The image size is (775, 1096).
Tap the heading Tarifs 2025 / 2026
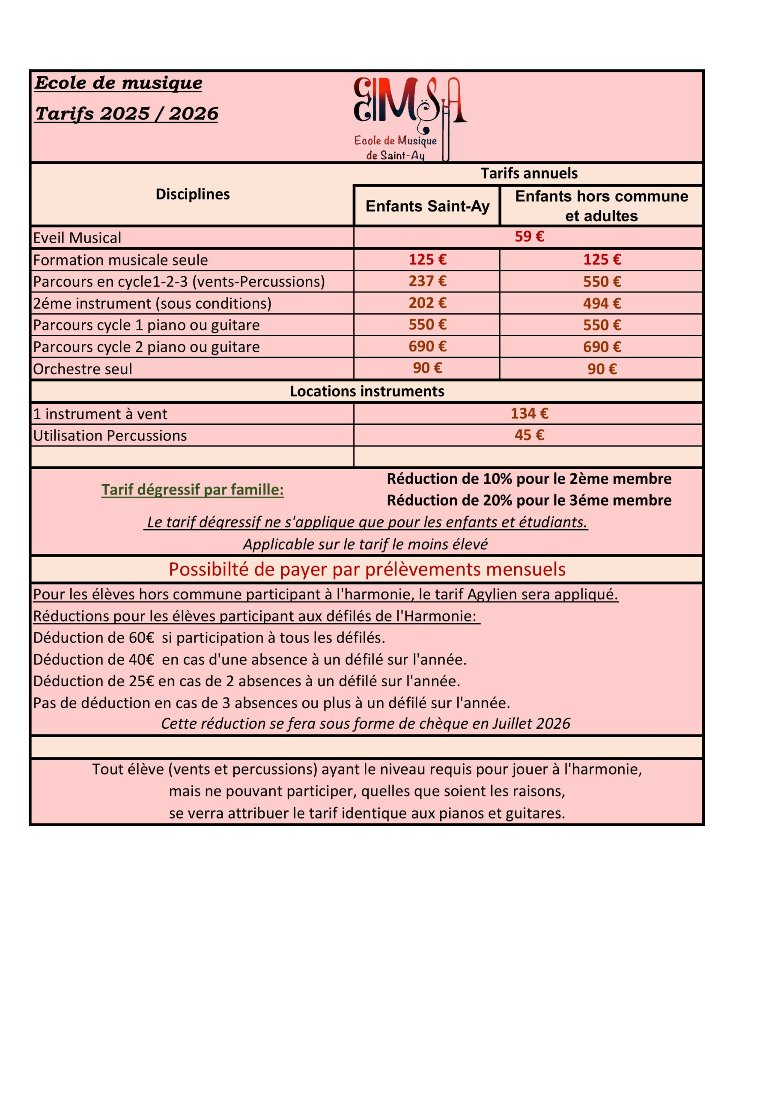tap(127, 113)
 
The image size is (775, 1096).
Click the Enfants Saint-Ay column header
tap(427, 206)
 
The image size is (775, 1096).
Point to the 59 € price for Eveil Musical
tap(529, 236)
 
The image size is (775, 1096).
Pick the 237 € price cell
tap(427, 281)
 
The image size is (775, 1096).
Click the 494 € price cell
tap(602, 303)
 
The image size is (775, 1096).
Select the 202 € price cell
tap(427, 303)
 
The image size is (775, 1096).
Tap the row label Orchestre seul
tap(83, 369)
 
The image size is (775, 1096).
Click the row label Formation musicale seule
tap(120, 260)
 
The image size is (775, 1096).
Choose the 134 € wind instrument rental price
tap(529, 414)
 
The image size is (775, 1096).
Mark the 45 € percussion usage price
tap(529, 435)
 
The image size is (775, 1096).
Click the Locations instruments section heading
tap(367, 391)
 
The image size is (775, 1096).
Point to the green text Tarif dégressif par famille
tap(192, 490)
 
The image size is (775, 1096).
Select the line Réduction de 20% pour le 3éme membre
tap(529, 500)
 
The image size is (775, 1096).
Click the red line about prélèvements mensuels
tap(367, 569)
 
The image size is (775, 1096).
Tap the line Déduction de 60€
tap(209, 638)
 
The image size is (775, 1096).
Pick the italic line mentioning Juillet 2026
tap(365, 724)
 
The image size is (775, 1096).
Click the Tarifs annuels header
tap(529, 173)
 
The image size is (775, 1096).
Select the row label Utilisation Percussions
tap(110, 436)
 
